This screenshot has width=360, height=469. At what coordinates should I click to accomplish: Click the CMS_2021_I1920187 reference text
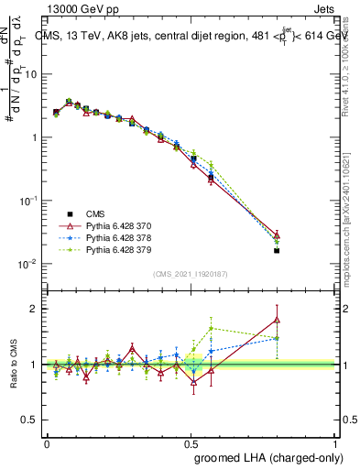191,274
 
